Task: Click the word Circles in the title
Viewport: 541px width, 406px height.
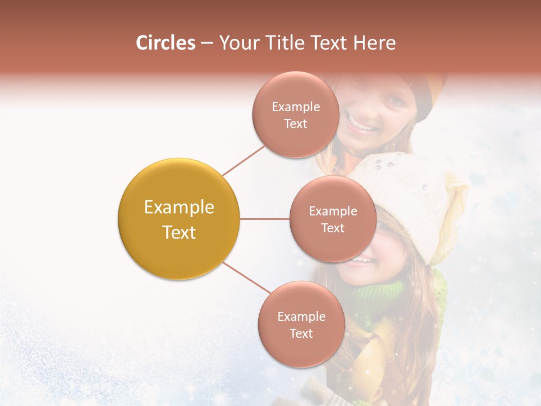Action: [165, 43]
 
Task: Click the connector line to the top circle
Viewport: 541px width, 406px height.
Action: [243, 160]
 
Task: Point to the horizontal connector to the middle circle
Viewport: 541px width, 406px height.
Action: [264, 219]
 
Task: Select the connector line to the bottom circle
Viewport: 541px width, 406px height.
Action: [246, 278]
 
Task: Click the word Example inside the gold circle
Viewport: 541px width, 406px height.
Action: [179, 208]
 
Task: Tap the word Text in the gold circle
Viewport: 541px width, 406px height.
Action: [179, 232]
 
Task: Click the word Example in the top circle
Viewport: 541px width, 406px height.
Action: [295, 107]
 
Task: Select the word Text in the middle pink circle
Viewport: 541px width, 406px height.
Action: [332, 228]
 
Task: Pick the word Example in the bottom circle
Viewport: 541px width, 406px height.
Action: [301, 316]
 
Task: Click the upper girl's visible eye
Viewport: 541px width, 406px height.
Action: [394, 102]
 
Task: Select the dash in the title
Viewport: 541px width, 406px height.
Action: [206, 43]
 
